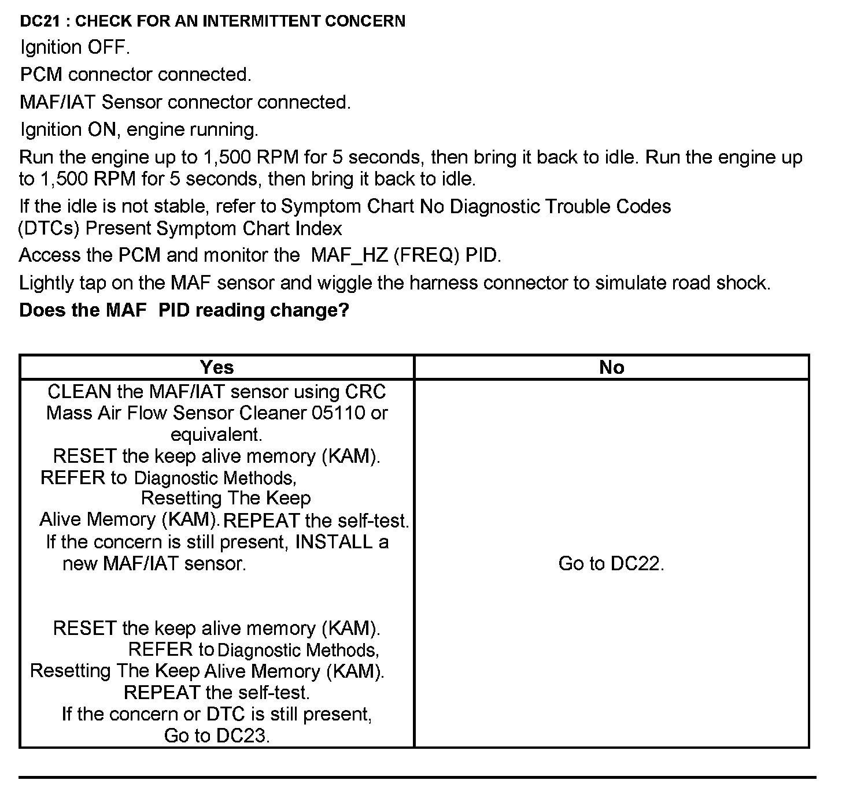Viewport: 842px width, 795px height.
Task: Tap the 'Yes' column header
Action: [217, 367]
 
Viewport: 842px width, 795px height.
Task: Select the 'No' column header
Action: [612, 367]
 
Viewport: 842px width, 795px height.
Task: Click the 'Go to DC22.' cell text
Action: [611, 563]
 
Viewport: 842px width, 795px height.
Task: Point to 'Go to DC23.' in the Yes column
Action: [217, 735]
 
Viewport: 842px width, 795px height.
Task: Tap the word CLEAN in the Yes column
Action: [80, 392]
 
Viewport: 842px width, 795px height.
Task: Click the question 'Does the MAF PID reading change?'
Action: [184, 310]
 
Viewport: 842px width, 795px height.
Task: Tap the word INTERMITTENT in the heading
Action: [261, 21]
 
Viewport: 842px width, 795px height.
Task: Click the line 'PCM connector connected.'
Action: [136, 75]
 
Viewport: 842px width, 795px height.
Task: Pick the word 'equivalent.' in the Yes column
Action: [217, 434]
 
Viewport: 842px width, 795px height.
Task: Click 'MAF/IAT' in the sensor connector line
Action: [58, 102]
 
